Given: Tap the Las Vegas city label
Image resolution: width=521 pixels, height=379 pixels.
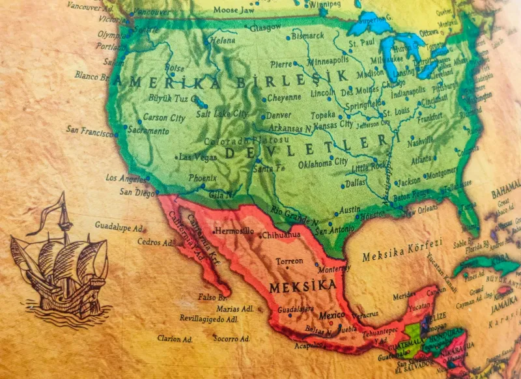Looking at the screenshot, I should [198, 157].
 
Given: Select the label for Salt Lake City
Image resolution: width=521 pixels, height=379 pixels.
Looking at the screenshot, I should [221, 114].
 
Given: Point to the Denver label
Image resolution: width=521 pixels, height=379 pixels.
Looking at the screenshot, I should [279, 115].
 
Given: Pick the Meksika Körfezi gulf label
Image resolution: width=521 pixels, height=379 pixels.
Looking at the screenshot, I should [402, 251].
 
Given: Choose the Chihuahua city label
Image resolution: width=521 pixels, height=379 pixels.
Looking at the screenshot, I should [280, 234].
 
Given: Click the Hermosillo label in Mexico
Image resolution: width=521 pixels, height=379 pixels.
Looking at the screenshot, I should [234, 231].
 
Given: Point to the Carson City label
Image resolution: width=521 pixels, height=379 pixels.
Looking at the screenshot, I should [163, 118].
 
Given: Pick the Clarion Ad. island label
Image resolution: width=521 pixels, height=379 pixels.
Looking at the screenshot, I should [175, 339].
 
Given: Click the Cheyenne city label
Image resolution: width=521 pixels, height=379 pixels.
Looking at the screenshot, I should [285, 98].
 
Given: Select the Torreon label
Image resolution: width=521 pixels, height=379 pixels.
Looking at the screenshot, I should [289, 261].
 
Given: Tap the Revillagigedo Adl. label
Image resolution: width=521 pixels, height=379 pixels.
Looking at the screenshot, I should [209, 320].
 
